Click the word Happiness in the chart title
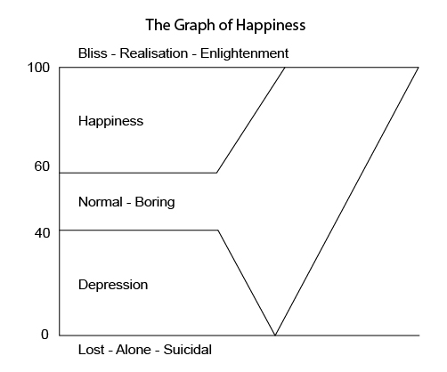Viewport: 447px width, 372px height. pos(271,25)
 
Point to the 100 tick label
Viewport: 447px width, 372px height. pos(38,68)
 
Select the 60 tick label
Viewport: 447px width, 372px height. pos(42,166)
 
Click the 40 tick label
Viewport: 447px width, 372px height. pos(42,233)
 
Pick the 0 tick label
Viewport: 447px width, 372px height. pos(45,335)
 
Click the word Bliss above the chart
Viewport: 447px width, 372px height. pos(93,53)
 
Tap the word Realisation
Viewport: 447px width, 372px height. pos(154,53)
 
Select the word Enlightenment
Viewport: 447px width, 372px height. pos(244,53)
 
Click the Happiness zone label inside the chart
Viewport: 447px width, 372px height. pos(110,121)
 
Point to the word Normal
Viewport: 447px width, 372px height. pos(101,202)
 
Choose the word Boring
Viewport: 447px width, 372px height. pos(155,203)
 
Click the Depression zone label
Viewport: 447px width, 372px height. pos(113,285)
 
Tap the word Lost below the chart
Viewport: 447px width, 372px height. pos(92,350)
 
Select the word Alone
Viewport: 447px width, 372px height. pos(134,350)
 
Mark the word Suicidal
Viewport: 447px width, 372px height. pos(188,350)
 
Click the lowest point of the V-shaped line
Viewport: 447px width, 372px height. pos(275,336)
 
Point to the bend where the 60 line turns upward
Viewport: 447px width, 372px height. pos(216,173)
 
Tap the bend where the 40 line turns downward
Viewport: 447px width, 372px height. pos(218,230)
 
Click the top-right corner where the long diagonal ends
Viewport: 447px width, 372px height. pos(419,68)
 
